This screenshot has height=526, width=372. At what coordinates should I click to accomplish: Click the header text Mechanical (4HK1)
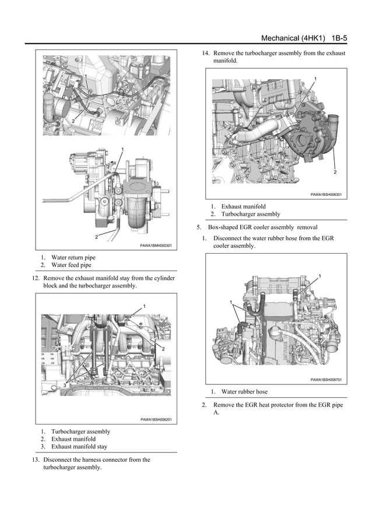pyautogui.click(x=293, y=38)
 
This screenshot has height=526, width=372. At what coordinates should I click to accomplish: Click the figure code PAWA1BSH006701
pyautogui.click(x=326, y=380)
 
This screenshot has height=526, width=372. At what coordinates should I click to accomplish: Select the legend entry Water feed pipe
pyautogui.click(x=71, y=265)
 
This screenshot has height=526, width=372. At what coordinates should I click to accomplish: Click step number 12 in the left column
pyautogui.click(x=35, y=278)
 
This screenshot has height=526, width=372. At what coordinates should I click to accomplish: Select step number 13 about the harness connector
pyautogui.click(x=35, y=460)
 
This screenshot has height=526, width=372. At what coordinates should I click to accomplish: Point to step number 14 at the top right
pyautogui.click(x=205, y=53)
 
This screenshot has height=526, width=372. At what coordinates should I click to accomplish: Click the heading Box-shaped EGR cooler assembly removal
pyautogui.click(x=268, y=227)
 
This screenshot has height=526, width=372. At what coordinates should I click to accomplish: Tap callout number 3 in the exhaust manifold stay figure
pyautogui.click(x=65, y=385)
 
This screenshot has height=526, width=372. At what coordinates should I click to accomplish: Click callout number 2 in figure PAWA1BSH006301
pyautogui.click(x=335, y=173)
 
